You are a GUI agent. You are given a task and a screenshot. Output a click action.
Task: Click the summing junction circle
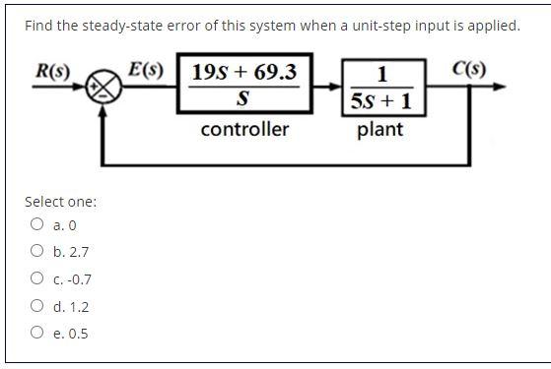coord(105,88)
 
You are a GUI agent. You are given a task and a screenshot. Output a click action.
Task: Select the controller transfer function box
coord(244,86)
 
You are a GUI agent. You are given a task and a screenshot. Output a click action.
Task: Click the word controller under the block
coord(244,130)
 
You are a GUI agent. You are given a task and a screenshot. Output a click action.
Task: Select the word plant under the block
coord(379,130)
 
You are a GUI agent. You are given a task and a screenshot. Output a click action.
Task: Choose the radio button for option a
coord(37,223)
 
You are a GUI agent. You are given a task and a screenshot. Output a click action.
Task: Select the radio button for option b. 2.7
coord(37,251)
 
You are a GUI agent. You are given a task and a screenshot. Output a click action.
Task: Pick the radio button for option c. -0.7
coord(37,278)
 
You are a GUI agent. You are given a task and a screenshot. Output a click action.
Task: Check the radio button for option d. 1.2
coord(37,306)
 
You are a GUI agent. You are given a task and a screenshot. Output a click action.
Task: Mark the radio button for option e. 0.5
coord(37,333)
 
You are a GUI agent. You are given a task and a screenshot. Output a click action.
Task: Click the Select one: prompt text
coord(60,202)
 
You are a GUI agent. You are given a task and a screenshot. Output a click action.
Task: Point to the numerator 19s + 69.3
coord(244,72)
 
